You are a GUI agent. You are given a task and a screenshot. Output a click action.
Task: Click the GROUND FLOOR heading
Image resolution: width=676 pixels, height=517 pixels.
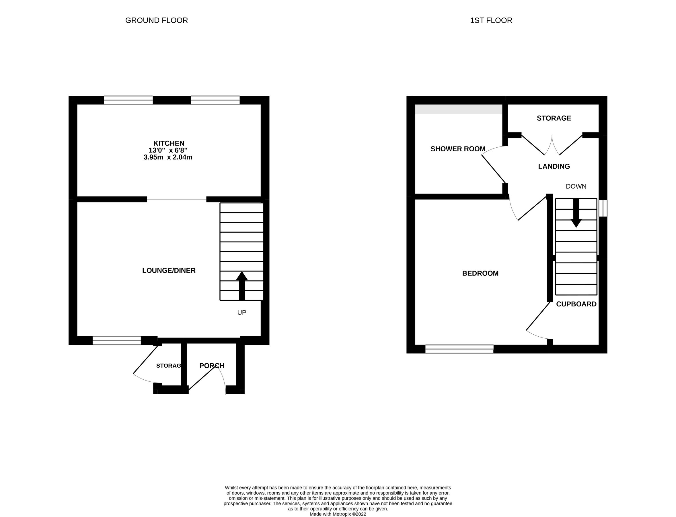(x=156, y=21)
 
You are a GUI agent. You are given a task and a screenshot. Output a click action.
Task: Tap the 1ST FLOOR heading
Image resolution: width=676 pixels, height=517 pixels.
(x=491, y=21)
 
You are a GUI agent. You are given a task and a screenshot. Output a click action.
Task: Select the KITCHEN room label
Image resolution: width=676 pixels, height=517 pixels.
(x=169, y=143)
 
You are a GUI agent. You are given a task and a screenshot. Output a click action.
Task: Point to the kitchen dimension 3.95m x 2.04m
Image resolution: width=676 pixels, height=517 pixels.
(x=168, y=158)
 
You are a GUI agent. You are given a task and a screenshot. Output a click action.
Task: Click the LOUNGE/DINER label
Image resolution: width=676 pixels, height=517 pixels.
(x=169, y=271)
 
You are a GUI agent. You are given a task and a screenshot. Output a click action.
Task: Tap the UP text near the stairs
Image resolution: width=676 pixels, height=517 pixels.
(x=241, y=313)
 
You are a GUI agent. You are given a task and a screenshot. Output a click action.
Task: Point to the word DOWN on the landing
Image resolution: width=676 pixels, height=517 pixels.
(x=576, y=186)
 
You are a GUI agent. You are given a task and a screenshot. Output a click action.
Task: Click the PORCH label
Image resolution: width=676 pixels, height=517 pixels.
(x=212, y=366)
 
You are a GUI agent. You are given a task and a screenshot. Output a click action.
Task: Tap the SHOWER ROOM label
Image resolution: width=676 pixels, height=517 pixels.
(x=457, y=149)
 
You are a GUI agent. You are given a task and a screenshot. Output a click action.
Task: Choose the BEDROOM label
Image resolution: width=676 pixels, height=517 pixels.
(x=480, y=273)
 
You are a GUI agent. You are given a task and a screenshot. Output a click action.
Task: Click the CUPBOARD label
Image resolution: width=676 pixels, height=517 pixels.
(x=576, y=304)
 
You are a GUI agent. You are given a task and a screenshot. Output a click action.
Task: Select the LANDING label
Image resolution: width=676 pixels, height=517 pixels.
(x=554, y=167)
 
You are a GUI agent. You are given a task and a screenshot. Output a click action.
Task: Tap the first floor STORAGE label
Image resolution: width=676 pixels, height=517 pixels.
(x=554, y=118)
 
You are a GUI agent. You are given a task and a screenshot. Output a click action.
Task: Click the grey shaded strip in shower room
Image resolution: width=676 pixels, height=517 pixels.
(x=458, y=109)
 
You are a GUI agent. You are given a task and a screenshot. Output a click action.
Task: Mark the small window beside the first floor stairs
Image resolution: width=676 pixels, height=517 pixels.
(x=603, y=208)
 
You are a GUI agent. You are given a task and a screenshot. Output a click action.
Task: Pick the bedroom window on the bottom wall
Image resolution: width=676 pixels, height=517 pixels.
(x=459, y=349)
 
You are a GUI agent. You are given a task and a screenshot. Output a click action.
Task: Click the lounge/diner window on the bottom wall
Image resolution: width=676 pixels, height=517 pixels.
(x=116, y=340)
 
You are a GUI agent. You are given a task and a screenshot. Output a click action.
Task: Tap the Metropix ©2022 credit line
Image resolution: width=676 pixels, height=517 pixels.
(x=338, y=514)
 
